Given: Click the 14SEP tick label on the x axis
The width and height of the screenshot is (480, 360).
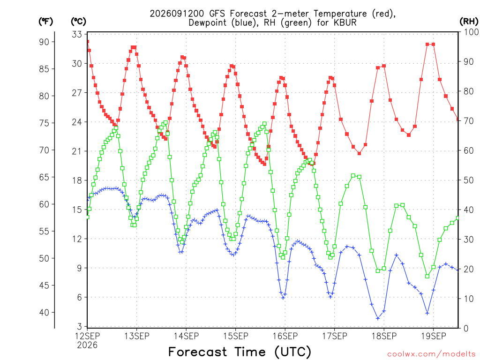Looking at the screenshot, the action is (x=186, y=336).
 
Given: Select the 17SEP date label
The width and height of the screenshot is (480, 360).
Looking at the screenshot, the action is (x=335, y=336).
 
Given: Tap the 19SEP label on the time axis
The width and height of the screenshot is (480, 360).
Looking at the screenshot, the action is (x=434, y=336).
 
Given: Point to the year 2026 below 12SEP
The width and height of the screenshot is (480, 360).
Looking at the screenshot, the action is (x=87, y=345).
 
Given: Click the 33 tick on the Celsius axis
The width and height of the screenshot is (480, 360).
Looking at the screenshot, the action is (x=77, y=34).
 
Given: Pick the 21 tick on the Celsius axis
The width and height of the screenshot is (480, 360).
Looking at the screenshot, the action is (x=77, y=151).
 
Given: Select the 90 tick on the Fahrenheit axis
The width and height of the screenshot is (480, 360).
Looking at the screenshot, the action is (x=44, y=42).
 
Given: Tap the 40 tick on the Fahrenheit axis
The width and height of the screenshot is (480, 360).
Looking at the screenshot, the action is (x=44, y=313).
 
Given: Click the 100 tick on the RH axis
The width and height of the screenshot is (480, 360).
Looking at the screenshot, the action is (x=471, y=32).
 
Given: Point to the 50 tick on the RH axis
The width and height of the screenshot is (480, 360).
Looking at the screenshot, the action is (x=469, y=180).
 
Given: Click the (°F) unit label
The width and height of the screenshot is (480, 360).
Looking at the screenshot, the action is (x=45, y=22).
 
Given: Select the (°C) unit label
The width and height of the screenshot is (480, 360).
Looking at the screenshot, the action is (x=78, y=22).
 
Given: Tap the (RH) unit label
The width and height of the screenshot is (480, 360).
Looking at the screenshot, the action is (x=469, y=21).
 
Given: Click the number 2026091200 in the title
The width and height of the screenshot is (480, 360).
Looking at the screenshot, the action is (x=177, y=14).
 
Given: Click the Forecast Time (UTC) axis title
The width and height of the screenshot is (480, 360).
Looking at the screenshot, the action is (x=240, y=352).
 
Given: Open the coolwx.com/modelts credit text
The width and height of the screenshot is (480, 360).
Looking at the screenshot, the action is (x=431, y=354).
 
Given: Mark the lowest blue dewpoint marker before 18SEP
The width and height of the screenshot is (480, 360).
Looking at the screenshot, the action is (x=378, y=318).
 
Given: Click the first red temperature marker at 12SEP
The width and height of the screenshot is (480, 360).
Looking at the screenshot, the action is (x=88, y=42).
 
